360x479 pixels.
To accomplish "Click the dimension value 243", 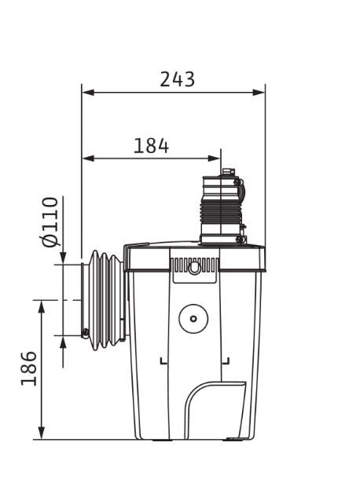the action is (178, 79).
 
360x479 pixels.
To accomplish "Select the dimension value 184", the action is (151, 146).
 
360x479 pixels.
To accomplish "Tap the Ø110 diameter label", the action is (50, 221).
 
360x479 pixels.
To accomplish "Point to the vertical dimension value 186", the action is (29, 368).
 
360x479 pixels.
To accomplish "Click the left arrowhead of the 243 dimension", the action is (88, 92).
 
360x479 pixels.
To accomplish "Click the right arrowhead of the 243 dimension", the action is (259, 92).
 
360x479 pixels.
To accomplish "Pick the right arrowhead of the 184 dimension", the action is (214, 159).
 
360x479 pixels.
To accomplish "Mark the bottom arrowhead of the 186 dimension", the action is (42, 433).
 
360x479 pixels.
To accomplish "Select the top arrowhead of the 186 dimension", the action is (42, 307).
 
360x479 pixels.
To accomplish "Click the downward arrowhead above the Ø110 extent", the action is (63, 258).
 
